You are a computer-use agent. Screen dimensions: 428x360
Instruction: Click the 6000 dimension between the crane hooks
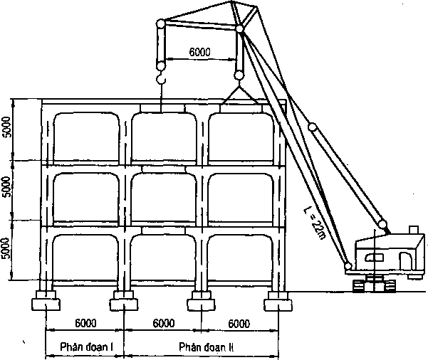point(200,52)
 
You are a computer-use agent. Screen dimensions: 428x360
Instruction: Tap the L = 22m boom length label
point(315,223)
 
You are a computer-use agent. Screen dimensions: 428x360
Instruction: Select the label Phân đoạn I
point(87,347)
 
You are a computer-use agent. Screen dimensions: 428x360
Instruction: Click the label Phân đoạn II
point(206,347)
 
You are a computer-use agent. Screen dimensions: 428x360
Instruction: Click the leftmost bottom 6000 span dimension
point(85,323)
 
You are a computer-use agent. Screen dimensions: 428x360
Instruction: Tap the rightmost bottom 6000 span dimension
point(239,324)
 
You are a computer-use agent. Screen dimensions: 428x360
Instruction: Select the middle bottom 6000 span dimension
point(163,323)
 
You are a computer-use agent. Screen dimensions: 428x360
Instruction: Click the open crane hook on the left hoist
point(161,77)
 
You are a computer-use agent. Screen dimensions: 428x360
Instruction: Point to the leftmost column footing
point(46,300)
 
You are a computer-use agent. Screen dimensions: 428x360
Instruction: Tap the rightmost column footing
point(278,301)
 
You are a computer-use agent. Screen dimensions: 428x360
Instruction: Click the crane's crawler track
point(374,285)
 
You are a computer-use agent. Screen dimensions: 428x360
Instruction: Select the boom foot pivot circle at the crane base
point(348,265)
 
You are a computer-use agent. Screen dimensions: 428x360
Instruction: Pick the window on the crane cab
point(374,258)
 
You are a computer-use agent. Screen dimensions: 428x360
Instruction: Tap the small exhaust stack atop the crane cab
point(414,229)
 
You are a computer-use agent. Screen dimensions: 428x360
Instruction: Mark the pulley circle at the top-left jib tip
point(161,23)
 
